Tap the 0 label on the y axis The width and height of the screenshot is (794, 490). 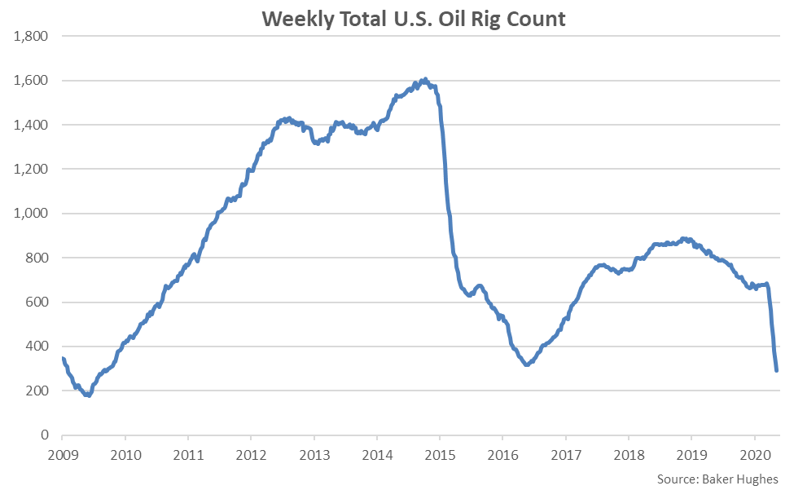pos(45,435)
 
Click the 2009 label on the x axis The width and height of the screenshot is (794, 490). pos(63,454)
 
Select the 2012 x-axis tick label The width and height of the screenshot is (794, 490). pos(252,454)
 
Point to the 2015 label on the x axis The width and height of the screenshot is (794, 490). pos(440,454)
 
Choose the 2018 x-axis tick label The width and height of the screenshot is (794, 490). pos(629,454)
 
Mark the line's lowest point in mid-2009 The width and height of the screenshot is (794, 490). pos(88,395)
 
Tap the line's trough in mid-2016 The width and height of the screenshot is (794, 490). pos(527,364)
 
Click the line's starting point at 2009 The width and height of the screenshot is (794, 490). pos(63,359)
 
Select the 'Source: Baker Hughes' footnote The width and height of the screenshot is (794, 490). pos(717,479)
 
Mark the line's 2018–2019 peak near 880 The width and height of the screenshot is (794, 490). pos(684,239)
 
